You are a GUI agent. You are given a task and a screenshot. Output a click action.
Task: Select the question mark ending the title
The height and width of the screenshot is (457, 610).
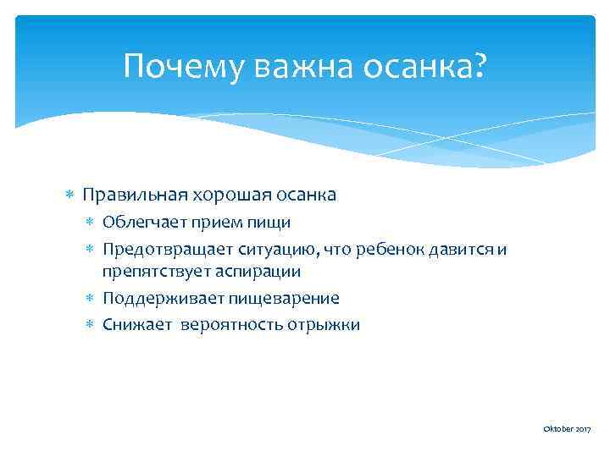pyautogui.click(x=480, y=65)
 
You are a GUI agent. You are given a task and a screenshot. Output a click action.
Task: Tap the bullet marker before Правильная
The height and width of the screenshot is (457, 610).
pyautogui.click(x=71, y=195)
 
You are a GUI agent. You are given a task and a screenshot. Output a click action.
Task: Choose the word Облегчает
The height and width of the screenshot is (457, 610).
pyautogui.click(x=141, y=223)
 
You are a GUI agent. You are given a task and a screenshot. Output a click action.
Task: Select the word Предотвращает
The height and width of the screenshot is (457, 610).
pyautogui.click(x=160, y=249)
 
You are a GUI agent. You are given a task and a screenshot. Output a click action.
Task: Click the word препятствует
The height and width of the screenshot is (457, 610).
pyautogui.click(x=151, y=272)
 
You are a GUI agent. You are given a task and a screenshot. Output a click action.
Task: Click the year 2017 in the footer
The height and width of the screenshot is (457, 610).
pyautogui.click(x=580, y=430)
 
